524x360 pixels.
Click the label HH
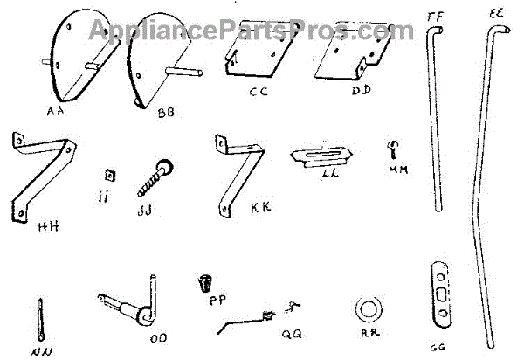(x=49, y=229)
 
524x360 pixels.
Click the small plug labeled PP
(x=205, y=283)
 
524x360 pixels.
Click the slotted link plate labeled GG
(x=442, y=291)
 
